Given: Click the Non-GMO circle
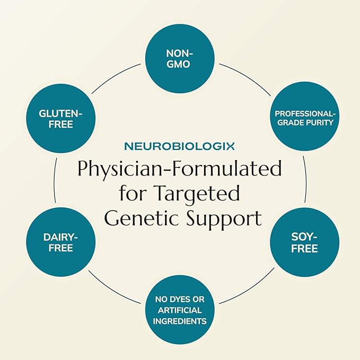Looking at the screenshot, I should point(180,58).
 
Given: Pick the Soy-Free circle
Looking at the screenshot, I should point(304,243).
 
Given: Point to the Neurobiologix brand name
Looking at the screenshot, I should point(180,146).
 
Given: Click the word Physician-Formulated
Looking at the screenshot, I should point(180,169).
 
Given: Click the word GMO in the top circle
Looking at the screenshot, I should point(180,64).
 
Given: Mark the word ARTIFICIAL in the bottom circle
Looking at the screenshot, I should point(180,311).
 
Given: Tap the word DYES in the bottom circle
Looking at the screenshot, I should point(180,300).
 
